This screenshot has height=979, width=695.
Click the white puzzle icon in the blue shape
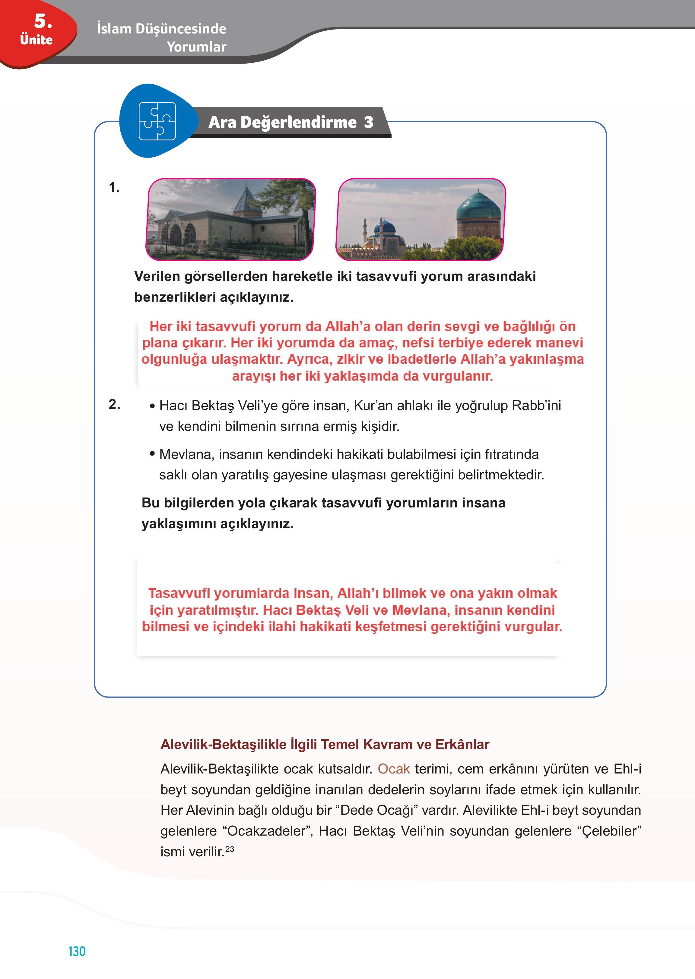pyautogui.click(x=157, y=121)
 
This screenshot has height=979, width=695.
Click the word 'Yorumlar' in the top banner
pyautogui.click(x=196, y=47)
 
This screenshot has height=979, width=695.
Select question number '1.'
pyautogui.click(x=114, y=187)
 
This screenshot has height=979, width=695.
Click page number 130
pyautogui.click(x=77, y=951)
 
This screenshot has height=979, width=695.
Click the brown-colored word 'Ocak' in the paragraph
pyautogui.click(x=393, y=769)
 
